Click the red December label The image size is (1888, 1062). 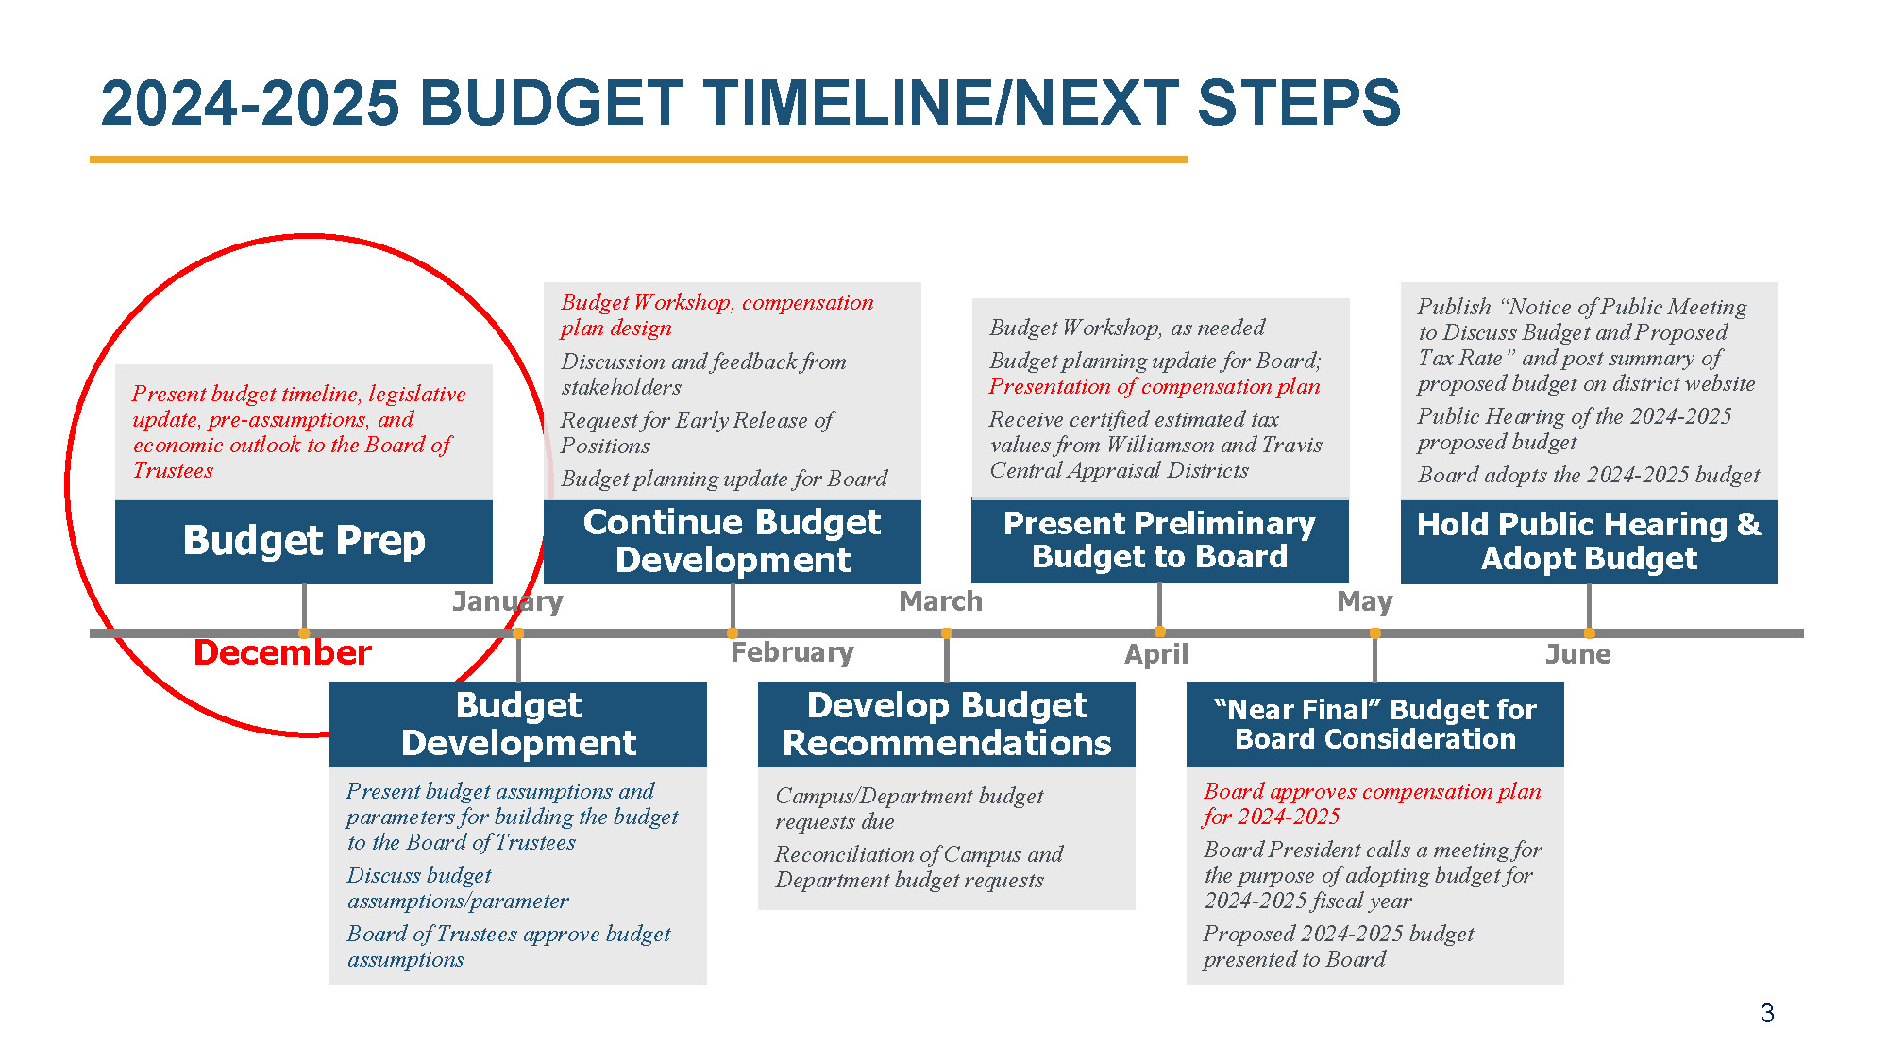point(282,652)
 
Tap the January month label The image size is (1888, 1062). point(507,602)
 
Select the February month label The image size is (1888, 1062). point(792,652)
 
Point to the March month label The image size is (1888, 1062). point(940,601)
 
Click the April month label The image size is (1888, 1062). point(1156,655)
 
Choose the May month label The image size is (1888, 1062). point(1365,602)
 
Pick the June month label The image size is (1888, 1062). point(1578,654)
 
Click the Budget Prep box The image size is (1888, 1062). point(304,542)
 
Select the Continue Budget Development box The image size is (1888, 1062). point(733,542)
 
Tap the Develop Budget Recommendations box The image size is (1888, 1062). point(947,724)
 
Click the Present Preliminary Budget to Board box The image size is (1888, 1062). point(1160,541)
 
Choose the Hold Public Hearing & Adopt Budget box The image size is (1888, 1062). point(1590,542)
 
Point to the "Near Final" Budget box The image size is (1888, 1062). point(1375,724)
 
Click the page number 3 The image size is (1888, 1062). point(1767,1014)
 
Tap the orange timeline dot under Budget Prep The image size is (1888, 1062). point(304,633)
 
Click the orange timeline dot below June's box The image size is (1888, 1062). point(1590,633)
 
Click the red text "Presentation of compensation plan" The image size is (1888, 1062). point(1155,387)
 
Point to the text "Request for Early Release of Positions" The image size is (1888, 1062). point(697,432)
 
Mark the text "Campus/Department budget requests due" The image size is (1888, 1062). point(909,808)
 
